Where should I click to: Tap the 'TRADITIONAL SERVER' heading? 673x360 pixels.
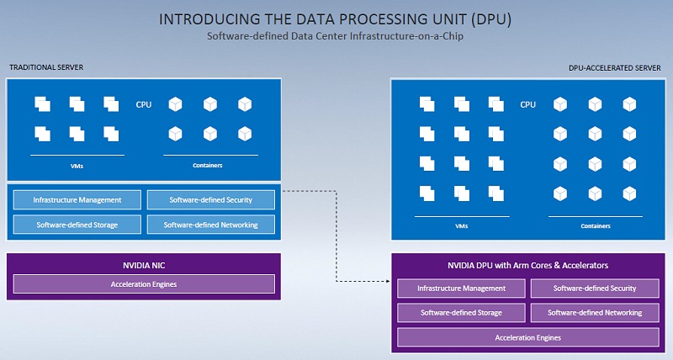(x=45, y=67)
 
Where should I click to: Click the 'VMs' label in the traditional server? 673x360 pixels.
(x=77, y=166)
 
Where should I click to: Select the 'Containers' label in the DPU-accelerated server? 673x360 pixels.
(x=596, y=226)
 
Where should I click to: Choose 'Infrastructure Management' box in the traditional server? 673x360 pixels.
(x=77, y=200)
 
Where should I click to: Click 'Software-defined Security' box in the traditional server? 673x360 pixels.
(x=211, y=200)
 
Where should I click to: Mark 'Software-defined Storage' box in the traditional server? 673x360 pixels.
(x=77, y=225)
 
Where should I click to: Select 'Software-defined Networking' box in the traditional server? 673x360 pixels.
(x=211, y=225)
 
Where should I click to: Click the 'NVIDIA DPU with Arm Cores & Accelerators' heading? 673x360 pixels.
(x=527, y=266)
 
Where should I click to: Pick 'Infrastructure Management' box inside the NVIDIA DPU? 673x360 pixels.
(x=462, y=289)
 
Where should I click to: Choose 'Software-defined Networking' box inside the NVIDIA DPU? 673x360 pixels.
(x=595, y=312)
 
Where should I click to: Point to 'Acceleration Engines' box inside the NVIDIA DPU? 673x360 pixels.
(x=527, y=337)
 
